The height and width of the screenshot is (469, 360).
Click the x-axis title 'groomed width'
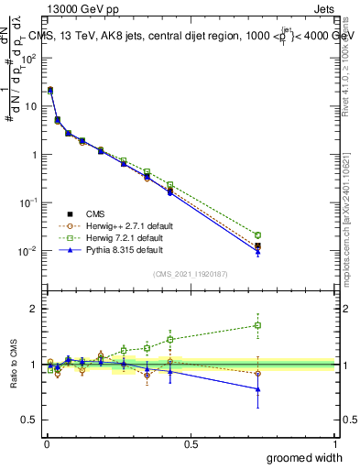305,457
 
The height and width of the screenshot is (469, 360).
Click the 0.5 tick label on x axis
191,443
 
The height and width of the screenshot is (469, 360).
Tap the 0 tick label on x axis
46,443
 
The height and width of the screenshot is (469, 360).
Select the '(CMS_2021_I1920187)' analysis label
190,274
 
